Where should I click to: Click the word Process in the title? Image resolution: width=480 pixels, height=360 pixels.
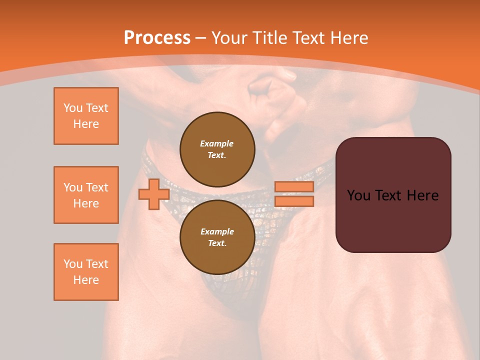pos(157,38)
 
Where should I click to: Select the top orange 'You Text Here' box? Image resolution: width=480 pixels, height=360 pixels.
pos(86,116)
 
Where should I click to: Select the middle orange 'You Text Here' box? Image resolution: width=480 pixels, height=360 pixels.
pos(86,195)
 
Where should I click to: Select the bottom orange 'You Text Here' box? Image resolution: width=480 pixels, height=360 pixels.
pos(86,272)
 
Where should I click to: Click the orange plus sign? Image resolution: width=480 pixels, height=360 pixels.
pos(154,194)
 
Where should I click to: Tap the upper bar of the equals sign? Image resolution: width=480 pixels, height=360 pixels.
pos(294,186)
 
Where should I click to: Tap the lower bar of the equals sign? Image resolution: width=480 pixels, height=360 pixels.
pos(294,201)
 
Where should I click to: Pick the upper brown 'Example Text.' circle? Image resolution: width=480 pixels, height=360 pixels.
pos(217,149)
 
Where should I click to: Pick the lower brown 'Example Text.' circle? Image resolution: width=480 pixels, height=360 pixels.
pos(217,237)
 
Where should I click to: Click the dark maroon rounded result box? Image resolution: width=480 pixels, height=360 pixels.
pos(393,194)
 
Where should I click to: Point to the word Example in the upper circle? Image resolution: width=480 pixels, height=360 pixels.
pos(217,143)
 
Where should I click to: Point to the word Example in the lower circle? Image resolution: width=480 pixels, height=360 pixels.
pos(217,231)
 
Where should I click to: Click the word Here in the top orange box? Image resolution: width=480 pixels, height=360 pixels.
pos(86,124)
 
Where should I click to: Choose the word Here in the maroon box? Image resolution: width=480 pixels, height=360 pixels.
pos(422,195)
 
